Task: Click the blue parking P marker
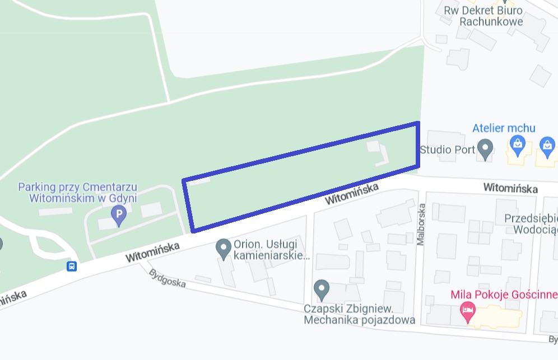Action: click(x=118, y=214)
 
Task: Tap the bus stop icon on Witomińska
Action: click(x=72, y=266)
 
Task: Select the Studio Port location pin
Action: click(x=485, y=149)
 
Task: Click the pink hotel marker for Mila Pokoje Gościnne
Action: click(x=467, y=310)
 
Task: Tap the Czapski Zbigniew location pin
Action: click(x=321, y=289)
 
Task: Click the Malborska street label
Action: click(x=421, y=225)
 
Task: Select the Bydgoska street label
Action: click(x=168, y=278)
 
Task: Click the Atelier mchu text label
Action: click(x=504, y=128)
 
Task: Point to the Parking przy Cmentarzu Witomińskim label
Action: click(x=77, y=192)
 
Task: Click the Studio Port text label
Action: click(x=447, y=150)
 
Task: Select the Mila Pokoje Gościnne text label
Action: click(x=504, y=294)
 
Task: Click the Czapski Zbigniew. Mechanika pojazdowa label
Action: click(x=359, y=315)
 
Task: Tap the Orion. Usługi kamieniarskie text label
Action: click(x=271, y=250)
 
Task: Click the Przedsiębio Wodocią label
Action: click(x=530, y=223)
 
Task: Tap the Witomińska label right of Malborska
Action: click(x=511, y=188)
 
